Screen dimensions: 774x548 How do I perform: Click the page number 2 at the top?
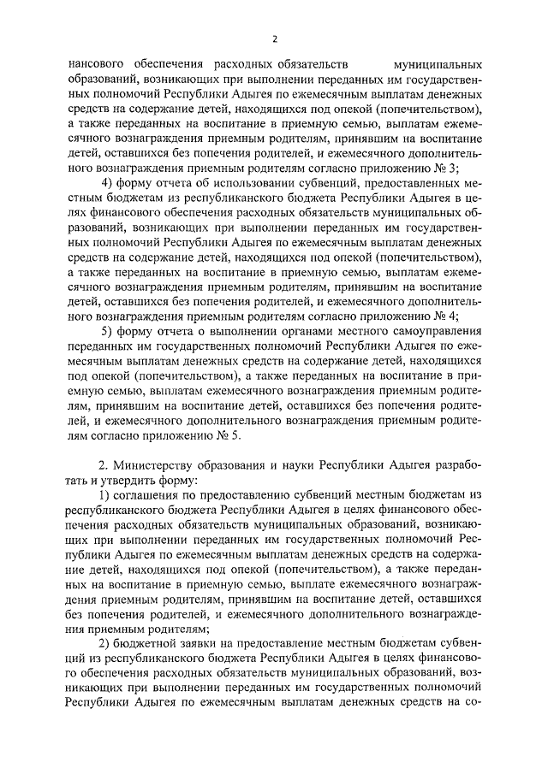tap(274, 38)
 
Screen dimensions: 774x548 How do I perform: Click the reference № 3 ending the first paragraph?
tap(471, 168)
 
